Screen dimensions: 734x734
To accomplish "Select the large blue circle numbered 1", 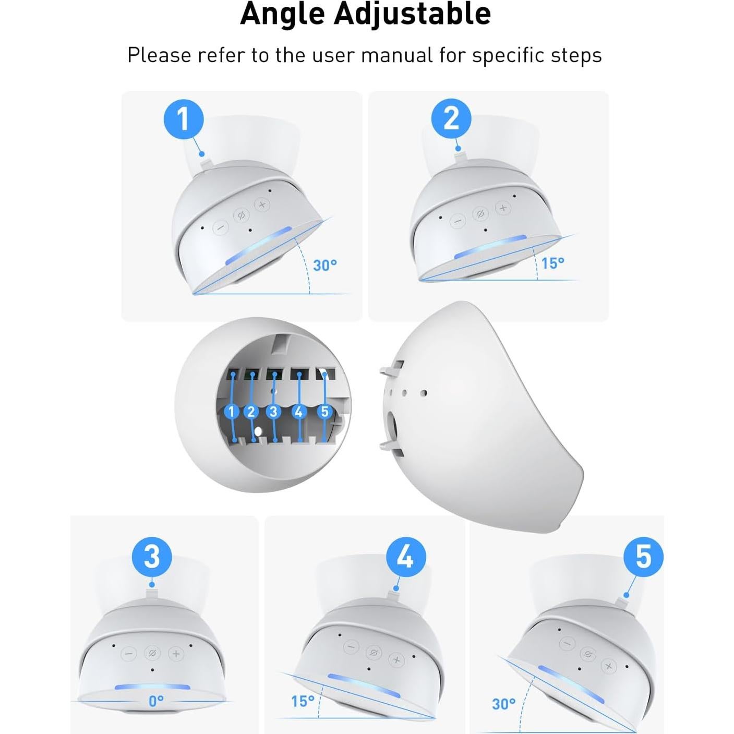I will pos(184,119).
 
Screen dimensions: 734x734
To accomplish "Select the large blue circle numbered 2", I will pos(451,119).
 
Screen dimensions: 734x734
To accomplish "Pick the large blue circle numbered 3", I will pos(152,556).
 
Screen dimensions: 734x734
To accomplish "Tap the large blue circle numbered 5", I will pos(644,556).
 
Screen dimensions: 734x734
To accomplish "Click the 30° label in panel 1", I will pos(325,265).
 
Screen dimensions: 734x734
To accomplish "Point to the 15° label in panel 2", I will pos(552,263).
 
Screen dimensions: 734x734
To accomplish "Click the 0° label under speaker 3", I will pos(156,701).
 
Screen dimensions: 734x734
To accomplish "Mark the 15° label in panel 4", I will pos(303,701).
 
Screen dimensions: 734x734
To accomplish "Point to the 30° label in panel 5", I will pos(503,704).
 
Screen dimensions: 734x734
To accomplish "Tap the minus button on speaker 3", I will pos(129,654).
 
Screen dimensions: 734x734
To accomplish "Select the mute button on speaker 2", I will pos(480,214).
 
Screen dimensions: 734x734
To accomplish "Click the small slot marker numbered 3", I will pos(273,412).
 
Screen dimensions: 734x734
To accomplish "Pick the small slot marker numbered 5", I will pos(324,412).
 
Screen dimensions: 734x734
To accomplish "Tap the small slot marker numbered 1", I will pos(231,412).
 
